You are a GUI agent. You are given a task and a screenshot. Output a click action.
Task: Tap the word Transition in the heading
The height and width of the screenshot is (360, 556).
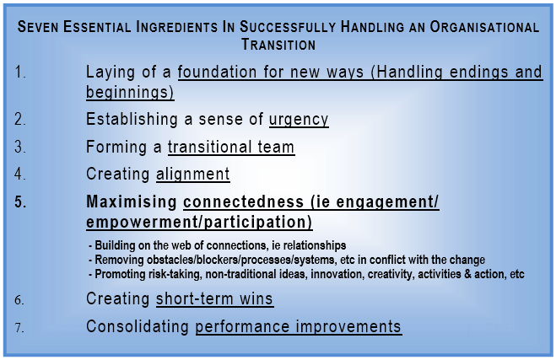tap(278, 44)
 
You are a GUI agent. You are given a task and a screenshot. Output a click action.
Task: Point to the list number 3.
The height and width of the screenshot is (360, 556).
tap(21, 148)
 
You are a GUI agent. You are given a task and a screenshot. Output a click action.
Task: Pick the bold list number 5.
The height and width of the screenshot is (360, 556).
tap(21, 203)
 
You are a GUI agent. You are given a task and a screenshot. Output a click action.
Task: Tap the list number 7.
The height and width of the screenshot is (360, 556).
tap(21, 326)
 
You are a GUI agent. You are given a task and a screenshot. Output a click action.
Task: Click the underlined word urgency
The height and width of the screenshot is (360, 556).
tap(293, 120)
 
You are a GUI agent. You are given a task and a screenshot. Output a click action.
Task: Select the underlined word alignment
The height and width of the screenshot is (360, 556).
tap(192, 175)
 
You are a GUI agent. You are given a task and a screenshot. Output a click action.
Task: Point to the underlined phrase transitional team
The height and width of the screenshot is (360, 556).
tap(230, 148)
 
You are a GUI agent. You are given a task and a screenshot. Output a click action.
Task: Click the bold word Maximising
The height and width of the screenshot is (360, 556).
tap(132, 203)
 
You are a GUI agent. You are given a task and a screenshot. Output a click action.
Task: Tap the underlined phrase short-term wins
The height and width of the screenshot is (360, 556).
tap(214, 299)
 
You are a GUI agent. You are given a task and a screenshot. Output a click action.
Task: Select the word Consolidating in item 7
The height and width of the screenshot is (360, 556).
tap(138, 326)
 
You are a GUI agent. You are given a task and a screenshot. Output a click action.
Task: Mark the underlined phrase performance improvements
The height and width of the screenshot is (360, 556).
tap(298, 326)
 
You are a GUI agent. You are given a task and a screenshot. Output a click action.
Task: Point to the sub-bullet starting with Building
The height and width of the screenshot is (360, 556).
tap(217, 245)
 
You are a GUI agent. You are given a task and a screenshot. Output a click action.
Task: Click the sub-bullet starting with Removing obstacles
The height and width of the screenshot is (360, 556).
tap(286, 260)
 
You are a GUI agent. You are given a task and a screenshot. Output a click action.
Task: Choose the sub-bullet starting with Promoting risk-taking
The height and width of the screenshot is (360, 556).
tap(306, 274)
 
